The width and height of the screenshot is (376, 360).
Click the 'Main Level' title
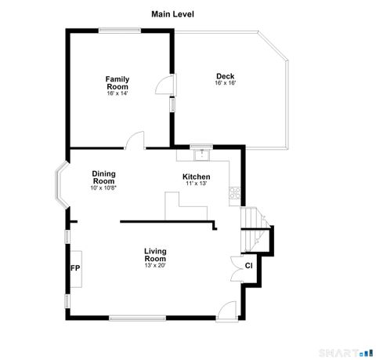(x=172, y=13)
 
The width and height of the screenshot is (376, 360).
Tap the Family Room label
(x=117, y=82)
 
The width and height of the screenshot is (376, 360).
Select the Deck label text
(x=225, y=76)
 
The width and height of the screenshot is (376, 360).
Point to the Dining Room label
(x=103, y=177)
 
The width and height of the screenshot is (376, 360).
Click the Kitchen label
(x=196, y=176)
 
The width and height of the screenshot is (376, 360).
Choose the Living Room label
(x=155, y=255)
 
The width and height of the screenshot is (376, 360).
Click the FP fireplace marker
(x=75, y=268)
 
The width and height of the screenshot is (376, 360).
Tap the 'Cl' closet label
(x=248, y=265)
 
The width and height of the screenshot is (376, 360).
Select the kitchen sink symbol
(x=201, y=151)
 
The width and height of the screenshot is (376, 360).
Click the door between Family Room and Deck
(x=166, y=84)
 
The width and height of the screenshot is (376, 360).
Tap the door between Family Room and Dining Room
(x=135, y=141)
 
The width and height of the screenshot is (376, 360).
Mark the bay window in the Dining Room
(x=59, y=185)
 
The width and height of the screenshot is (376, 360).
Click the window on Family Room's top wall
(x=119, y=31)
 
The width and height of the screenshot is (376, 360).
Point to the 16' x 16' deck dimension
(x=226, y=83)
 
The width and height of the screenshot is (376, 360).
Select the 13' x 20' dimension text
(x=155, y=265)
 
